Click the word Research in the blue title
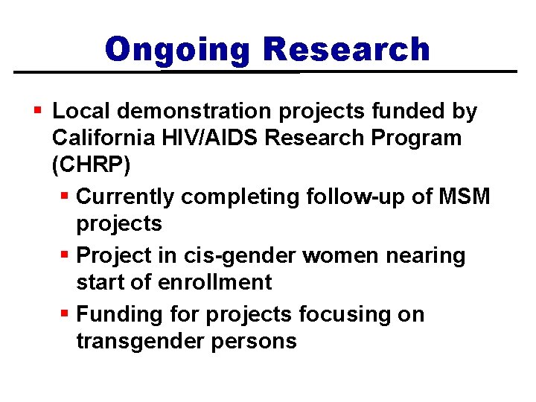coord(346,50)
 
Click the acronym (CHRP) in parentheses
coord(92,165)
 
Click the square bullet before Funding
coord(65,314)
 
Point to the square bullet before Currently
coord(65,197)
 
